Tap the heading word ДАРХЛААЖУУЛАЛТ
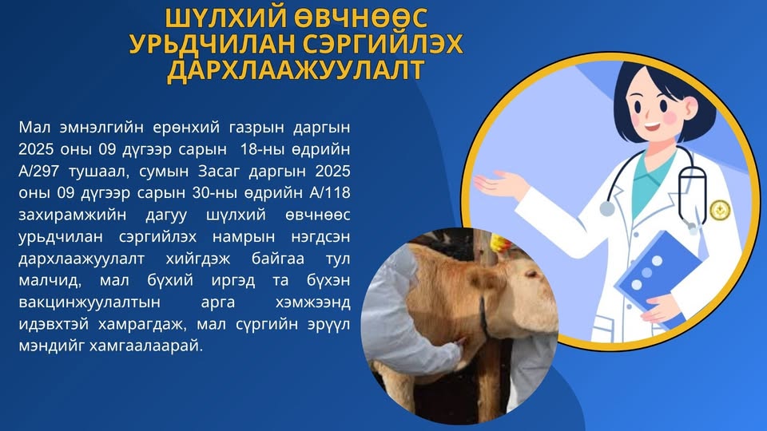coord(296,70)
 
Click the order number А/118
coord(330,192)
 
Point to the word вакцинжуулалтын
coord(89,302)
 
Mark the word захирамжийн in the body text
coord(72,215)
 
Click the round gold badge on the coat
coord(720,210)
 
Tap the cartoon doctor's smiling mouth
coord(653,127)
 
